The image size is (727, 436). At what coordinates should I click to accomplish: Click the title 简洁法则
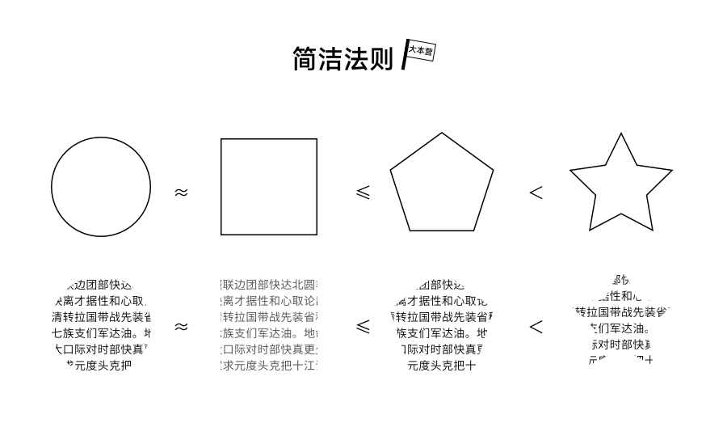[x=342, y=58]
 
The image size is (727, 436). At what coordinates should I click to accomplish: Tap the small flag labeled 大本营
[x=419, y=52]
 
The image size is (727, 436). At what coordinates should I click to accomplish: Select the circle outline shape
[x=101, y=187]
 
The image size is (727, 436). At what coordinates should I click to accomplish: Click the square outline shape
[x=269, y=187]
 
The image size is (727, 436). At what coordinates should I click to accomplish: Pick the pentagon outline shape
[x=442, y=185]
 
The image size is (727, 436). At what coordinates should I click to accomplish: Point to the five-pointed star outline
[x=620, y=188]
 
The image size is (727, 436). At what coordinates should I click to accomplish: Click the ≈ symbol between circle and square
[x=181, y=193]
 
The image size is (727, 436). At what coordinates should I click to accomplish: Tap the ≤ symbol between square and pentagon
[x=363, y=193]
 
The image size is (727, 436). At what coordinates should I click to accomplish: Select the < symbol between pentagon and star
[x=536, y=193]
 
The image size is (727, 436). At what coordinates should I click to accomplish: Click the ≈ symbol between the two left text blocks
[x=181, y=327]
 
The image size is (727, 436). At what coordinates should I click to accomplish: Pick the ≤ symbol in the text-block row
[x=363, y=327]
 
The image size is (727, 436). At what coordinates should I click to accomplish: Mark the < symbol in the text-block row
[x=536, y=327]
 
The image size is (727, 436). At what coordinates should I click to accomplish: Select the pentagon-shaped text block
[x=442, y=324]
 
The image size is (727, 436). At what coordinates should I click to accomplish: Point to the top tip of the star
[x=620, y=134]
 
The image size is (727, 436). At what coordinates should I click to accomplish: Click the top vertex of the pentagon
[x=442, y=133]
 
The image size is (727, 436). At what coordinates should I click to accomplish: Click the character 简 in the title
[x=305, y=58]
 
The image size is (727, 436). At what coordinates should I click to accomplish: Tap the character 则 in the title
[x=380, y=58]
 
